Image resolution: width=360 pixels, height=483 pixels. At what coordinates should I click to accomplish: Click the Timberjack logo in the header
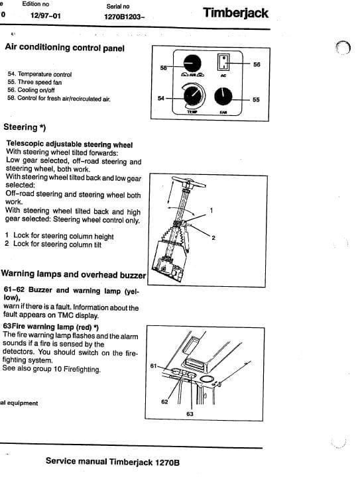(x=235, y=13)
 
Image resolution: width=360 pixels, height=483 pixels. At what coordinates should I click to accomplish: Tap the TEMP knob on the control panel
(x=194, y=99)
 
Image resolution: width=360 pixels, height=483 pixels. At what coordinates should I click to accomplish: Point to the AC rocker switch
(x=223, y=63)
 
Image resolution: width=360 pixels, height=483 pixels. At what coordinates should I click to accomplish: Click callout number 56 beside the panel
(x=257, y=64)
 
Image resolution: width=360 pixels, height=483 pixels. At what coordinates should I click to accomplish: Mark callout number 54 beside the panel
(x=160, y=99)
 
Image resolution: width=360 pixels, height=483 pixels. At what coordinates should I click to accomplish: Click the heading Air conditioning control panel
(x=64, y=47)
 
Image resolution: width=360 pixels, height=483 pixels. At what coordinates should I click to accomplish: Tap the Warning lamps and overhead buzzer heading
(x=73, y=273)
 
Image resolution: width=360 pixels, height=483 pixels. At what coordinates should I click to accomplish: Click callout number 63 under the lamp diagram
(x=190, y=413)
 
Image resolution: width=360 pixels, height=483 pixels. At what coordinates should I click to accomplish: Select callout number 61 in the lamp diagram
(x=153, y=366)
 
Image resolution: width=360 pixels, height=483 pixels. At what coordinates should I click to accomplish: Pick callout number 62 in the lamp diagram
(x=164, y=402)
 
